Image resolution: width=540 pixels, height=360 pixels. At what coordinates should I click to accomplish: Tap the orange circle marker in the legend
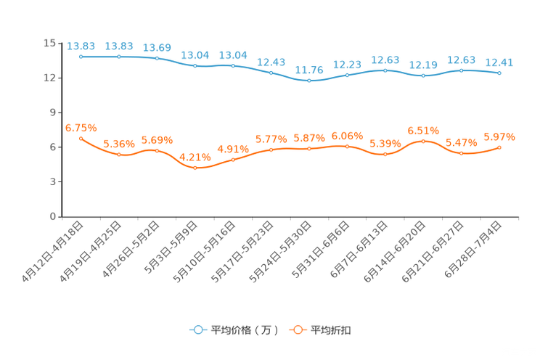[x=298, y=330]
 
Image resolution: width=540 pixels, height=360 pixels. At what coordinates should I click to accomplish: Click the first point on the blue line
[x=81, y=57]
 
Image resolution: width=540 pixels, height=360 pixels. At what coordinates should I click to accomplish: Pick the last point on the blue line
[x=499, y=73]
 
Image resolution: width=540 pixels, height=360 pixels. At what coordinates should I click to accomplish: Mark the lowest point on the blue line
[x=309, y=80]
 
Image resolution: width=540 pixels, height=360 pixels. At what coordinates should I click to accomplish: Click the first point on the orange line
[x=81, y=138]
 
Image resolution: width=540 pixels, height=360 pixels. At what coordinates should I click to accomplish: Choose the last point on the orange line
[x=499, y=147]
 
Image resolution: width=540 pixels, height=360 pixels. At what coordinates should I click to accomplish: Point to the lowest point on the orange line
[x=195, y=168]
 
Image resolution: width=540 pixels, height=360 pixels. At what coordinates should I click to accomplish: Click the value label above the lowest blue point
[x=309, y=70]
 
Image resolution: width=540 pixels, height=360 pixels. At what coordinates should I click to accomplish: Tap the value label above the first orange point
[x=81, y=128]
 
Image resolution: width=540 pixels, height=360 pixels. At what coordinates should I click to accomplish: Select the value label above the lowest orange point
[x=195, y=157]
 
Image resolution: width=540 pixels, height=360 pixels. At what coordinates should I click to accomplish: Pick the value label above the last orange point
[x=499, y=136]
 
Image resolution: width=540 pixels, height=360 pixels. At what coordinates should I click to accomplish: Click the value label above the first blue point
[x=81, y=46]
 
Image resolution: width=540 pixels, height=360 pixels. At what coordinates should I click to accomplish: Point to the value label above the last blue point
[x=499, y=62]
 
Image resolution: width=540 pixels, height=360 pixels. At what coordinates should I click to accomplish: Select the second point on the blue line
[x=118, y=57]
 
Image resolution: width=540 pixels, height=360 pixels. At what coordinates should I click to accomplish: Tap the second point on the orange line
[x=118, y=155]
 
